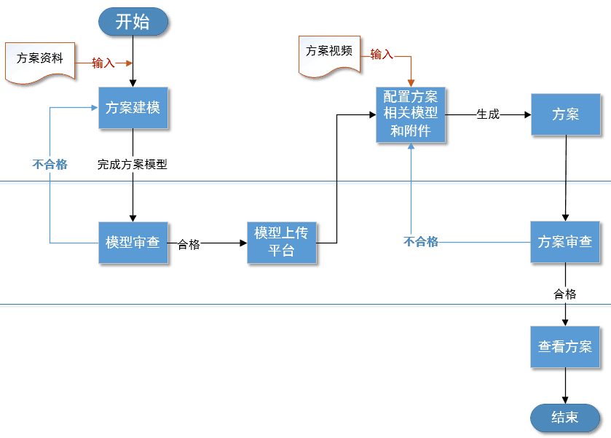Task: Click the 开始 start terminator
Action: [133, 22]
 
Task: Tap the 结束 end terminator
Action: [565, 418]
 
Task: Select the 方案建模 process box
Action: [133, 108]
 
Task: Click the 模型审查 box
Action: [133, 243]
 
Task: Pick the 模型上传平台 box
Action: [281, 243]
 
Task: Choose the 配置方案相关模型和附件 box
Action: [411, 114]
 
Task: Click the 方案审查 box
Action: [565, 243]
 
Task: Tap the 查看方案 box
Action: [565, 347]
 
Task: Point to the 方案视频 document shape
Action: [329, 52]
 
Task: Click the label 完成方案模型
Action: [133, 165]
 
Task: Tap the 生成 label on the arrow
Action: [488, 114]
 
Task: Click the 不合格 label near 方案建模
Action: [50, 165]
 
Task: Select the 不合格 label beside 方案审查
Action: [421, 242]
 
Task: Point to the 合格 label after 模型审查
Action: [189, 244]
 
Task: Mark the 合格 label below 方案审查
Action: [565, 294]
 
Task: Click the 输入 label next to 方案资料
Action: [103, 63]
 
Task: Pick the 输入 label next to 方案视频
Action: [382, 55]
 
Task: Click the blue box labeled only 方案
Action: [565, 114]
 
